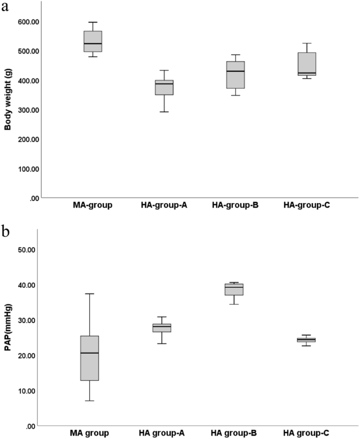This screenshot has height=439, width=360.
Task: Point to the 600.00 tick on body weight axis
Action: [27, 22]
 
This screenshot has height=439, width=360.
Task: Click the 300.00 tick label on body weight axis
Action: [27, 110]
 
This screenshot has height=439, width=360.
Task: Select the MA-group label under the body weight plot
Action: [92, 205]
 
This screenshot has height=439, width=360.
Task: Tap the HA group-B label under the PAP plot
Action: [234, 433]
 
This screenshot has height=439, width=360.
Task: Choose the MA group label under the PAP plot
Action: [89, 433]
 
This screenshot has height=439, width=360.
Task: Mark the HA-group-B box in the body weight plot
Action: [235, 75]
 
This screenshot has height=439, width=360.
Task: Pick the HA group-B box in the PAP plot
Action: [234, 289]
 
